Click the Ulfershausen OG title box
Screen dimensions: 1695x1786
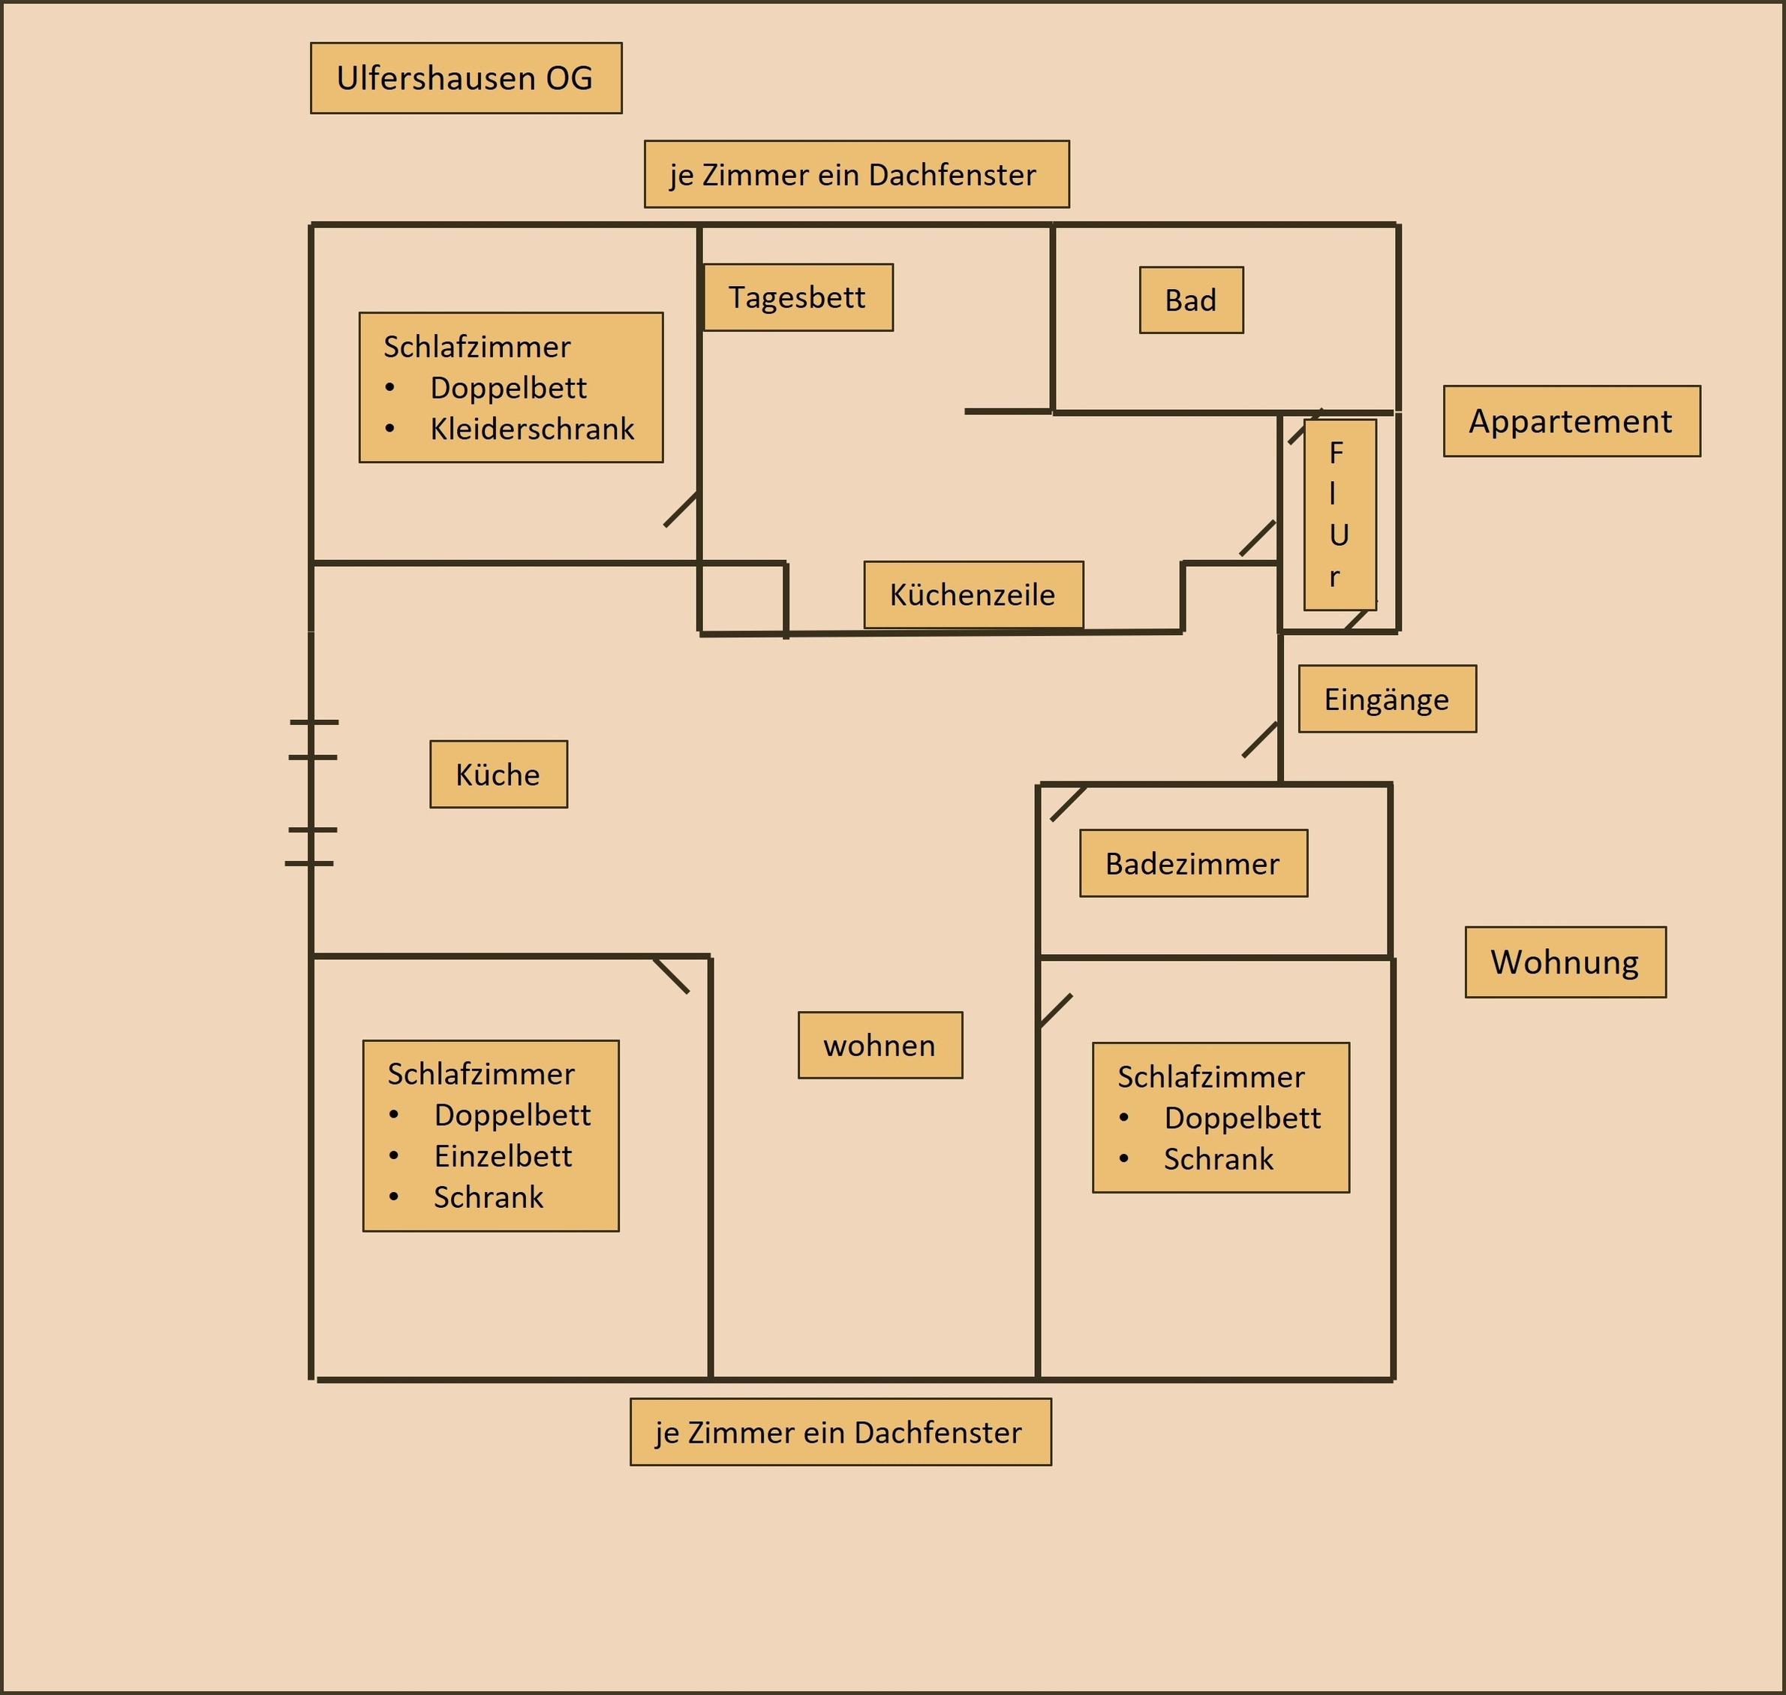pyautogui.click(x=465, y=78)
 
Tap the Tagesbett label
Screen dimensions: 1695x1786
pyautogui.click(x=798, y=297)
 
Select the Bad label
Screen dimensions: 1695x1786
pyautogui.click(x=1191, y=300)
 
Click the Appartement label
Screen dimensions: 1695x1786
pyautogui.click(x=1571, y=421)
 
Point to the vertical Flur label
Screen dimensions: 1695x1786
pyautogui.click(x=1339, y=514)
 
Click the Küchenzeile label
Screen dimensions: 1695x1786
pyautogui.click(x=973, y=595)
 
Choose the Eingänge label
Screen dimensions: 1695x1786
pyautogui.click(x=1387, y=698)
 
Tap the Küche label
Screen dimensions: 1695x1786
pyautogui.click(x=498, y=775)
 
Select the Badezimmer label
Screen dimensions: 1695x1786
pyautogui.click(x=1192, y=863)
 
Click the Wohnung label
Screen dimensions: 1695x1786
pyautogui.click(x=1565, y=962)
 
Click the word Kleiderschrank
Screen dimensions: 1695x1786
pyautogui.click(x=532, y=429)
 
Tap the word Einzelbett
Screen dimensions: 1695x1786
pyautogui.click(x=504, y=1155)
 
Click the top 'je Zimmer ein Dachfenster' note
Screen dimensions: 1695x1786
pyautogui.click(x=855, y=174)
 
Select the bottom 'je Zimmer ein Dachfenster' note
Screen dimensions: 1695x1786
pyautogui.click(x=840, y=1432)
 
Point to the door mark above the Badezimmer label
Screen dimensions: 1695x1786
pyautogui.click(x=1068, y=803)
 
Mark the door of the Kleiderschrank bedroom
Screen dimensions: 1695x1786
pyautogui.click(x=681, y=510)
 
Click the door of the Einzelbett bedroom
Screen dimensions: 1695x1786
pyautogui.click(x=671, y=976)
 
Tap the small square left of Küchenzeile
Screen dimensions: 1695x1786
pyautogui.click(x=743, y=598)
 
